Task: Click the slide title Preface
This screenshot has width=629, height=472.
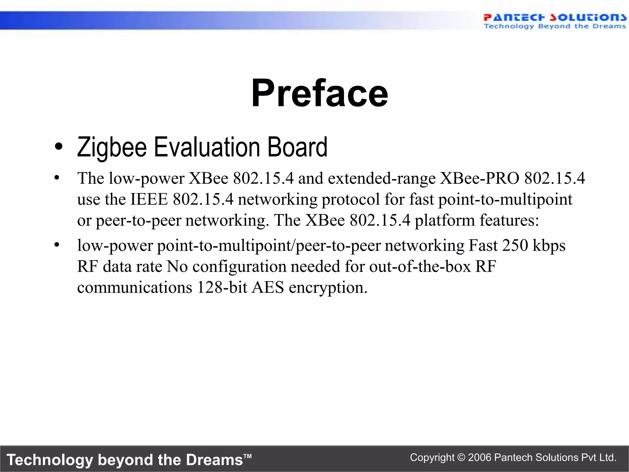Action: click(x=319, y=93)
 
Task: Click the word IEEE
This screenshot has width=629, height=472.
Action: click(x=149, y=199)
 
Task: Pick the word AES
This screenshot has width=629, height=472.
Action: click(x=268, y=287)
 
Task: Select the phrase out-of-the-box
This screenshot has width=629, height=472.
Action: click(x=420, y=266)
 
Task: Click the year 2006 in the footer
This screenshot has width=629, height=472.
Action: click(x=479, y=458)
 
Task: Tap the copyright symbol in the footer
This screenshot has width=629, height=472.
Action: click(x=461, y=458)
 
